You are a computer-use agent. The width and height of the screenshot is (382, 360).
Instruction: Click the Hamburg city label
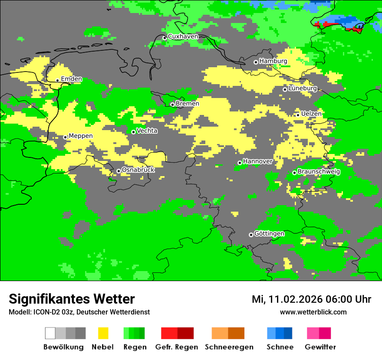tap(273, 61)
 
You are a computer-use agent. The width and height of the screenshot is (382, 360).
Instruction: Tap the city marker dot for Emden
tap(57, 80)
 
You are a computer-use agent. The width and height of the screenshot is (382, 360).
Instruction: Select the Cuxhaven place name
tap(183, 36)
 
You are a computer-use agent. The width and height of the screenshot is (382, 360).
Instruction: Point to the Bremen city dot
tap(172, 105)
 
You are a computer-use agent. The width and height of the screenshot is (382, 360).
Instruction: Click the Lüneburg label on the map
tap(303, 88)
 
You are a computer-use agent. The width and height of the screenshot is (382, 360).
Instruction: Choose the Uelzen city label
tap(311, 114)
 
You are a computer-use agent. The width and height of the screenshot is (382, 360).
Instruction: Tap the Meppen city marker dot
tap(66, 137)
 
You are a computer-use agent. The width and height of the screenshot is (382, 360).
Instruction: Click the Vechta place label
tap(147, 131)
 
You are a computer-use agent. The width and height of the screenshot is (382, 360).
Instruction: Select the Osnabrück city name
tap(138, 170)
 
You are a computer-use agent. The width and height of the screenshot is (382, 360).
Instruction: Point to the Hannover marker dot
tap(240, 163)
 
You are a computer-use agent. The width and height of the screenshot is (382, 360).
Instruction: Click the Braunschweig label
tap(319, 172)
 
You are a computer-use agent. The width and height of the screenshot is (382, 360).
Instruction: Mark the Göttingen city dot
tap(251, 235)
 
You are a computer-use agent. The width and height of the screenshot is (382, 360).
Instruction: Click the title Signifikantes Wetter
tap(72, 299)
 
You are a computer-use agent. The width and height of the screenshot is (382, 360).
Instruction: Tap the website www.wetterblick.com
tap(313, 312)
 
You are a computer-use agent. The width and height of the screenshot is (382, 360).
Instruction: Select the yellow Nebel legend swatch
tap(103, 333)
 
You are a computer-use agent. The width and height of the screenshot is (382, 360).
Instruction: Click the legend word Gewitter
tap(320, 347)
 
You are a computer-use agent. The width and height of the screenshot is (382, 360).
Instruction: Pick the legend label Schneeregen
tap(229, 347)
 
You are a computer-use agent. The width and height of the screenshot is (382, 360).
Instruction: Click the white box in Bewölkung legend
tap(50, 333)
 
